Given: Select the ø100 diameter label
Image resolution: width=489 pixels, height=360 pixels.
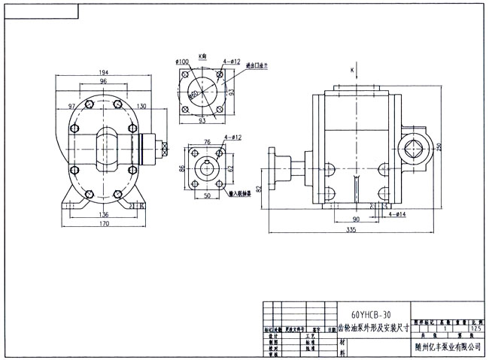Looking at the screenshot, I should [182, 60].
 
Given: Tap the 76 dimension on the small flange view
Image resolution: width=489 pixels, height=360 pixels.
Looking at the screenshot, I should [205, 140].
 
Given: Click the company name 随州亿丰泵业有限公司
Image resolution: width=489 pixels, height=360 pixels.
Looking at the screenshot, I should [448, 346].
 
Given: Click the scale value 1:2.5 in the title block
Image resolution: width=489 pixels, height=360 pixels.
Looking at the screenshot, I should [472, 328].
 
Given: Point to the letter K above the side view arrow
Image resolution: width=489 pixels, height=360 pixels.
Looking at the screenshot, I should [351, 71].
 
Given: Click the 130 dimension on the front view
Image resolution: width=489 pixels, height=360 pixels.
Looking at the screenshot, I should [141, 106].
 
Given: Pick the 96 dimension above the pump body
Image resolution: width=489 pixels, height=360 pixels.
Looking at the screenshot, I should [102, 81].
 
